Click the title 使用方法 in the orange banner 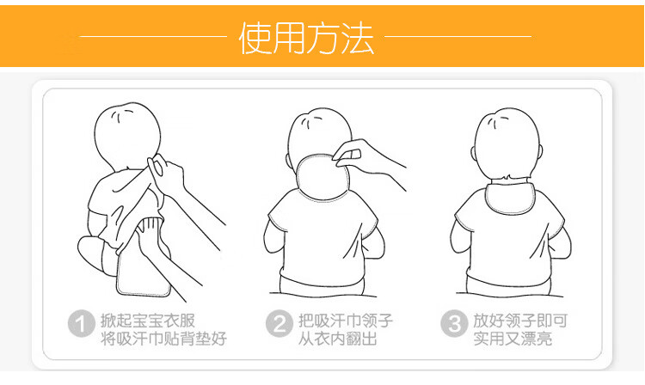click(306, 38)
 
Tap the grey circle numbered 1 click(82, 323)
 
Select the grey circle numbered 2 click(279, 323)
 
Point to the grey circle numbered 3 click(454, 323)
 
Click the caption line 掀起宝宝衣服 click(148, 321)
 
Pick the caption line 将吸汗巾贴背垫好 click(163, 339)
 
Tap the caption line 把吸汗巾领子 click(346, 321)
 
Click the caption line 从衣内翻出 click(338, 339)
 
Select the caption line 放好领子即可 click(520, 321)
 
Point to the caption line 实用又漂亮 click(513, 339)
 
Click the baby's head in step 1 click(126, 137)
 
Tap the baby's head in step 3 click(507, 144)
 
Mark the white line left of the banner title click(152, 36)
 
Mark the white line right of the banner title click(458, 36)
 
